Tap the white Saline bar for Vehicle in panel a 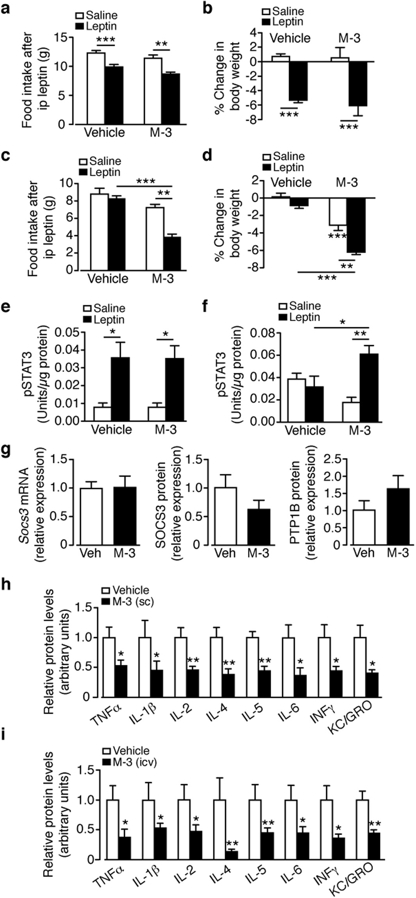[x=96, y=88]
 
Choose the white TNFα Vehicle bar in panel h [x=109, y=667]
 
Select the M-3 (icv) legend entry [x=129, y=762]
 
